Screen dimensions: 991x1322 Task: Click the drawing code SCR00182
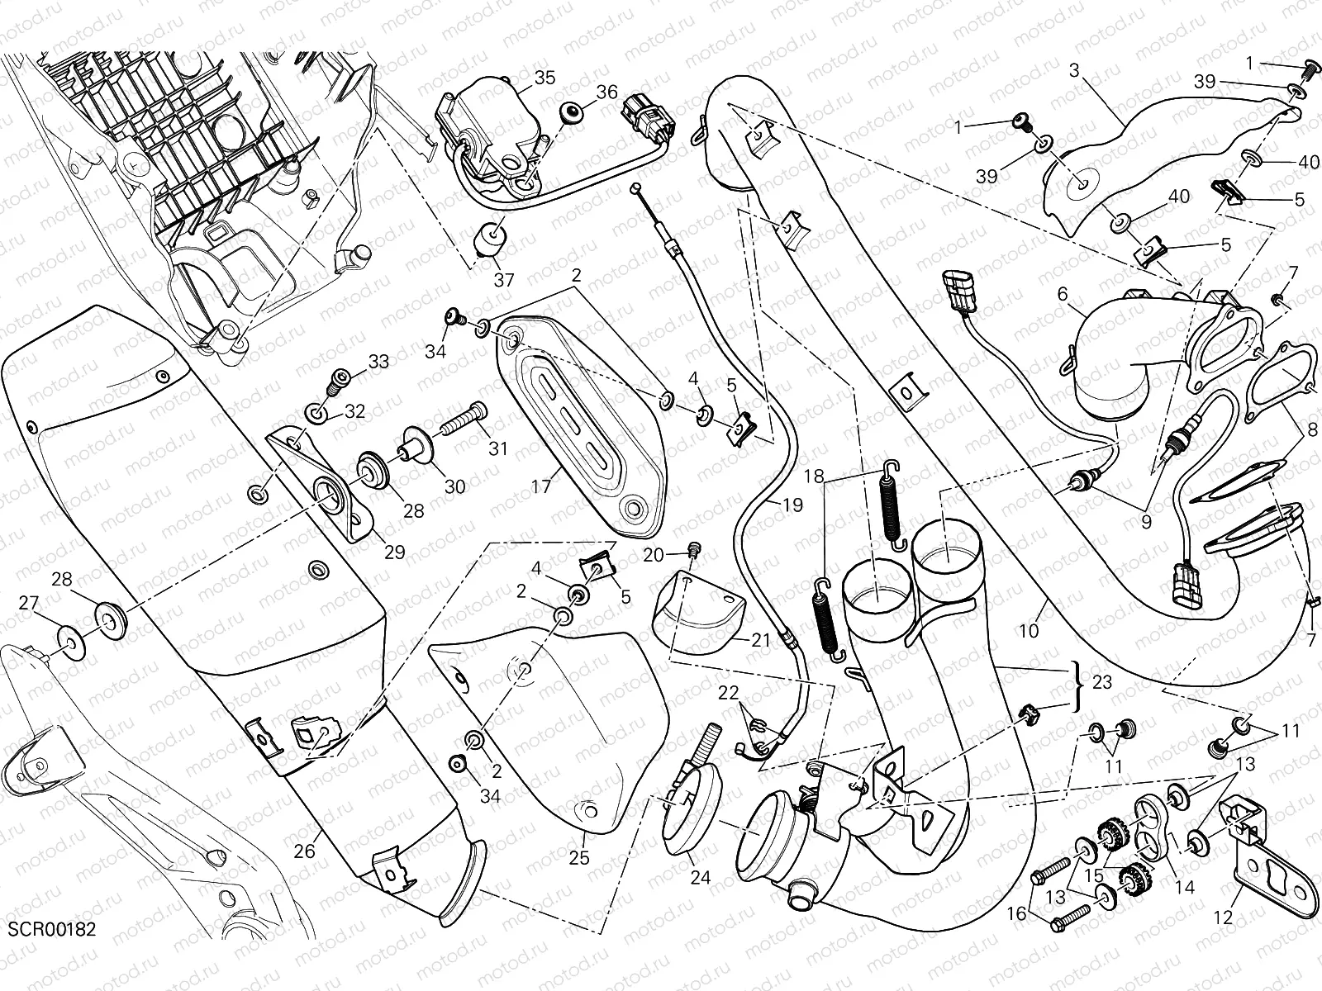[52, 930]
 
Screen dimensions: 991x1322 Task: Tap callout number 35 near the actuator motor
[544, 78]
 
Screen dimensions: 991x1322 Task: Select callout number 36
[607, 92]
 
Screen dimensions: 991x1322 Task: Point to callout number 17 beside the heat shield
[541, 486]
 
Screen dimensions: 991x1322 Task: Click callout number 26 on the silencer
[304, 850]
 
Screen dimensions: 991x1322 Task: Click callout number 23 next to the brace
[1101, 683]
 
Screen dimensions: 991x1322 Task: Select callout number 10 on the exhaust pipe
[1029, 631]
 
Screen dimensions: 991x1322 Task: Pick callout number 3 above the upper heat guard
[1074, 70]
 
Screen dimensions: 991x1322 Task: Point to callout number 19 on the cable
[792, 505]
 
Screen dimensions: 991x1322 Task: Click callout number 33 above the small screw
[378, 361]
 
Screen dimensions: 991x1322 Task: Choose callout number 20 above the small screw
[653, 555]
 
